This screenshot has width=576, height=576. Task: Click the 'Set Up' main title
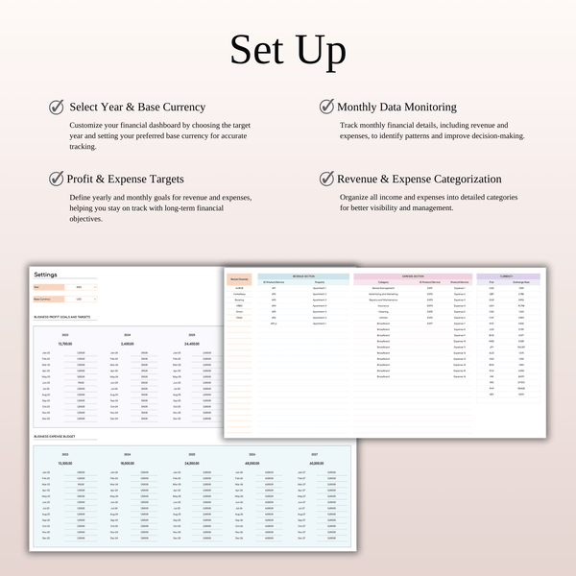point(287,50)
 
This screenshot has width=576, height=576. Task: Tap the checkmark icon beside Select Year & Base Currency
point(57,108)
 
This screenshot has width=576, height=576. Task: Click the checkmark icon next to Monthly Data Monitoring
point(326,108)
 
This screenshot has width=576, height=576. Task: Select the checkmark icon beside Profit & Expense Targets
point(57,179)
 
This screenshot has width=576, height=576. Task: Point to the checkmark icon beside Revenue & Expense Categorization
point(326,179)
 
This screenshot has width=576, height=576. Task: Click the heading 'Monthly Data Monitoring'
point(396,108)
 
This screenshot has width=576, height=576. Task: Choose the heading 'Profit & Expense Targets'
point(125,179)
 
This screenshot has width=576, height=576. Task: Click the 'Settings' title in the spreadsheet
point(45,275)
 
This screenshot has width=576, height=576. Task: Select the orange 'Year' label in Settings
point(49,287)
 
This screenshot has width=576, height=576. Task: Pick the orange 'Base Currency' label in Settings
point(49,299)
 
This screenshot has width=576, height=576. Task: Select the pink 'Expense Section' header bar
point(413,276)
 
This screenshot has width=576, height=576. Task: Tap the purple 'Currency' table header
point(508,276)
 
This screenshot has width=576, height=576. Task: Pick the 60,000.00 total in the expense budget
point(318,463)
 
